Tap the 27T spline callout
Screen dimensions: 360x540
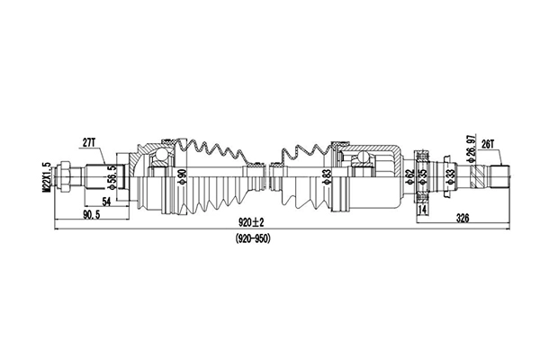pyautogui.click(x=88, y=142)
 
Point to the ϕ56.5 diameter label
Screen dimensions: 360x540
pyautogui.click(x=111, y=173)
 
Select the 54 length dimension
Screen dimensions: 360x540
pyautogui.click(x=106, y=202)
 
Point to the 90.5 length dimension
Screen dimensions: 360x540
pyautogui.click(x=90, y=216)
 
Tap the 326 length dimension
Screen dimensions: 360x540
pyautogui.click(x=462, y=216)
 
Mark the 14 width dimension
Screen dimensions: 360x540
pyautogui.click(x=421, y=210)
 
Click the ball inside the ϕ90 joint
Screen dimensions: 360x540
pyautogui.click(x=158, y=160)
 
